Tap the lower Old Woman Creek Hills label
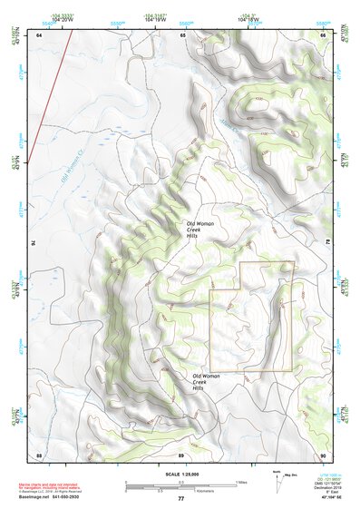206,382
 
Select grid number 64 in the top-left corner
39,34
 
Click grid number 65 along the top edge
182,34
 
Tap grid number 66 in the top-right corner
324,34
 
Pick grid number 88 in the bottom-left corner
39,454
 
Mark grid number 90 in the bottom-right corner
323,454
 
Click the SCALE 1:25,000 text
180,473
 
